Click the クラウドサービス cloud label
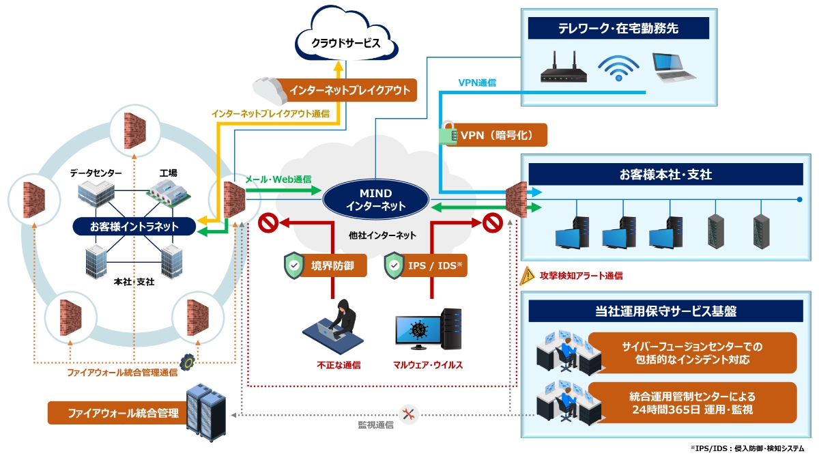click(345, 43)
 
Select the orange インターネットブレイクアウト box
click(349, 90)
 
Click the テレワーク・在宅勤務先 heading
click(618, 28)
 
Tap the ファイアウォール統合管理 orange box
click(116, 413)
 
